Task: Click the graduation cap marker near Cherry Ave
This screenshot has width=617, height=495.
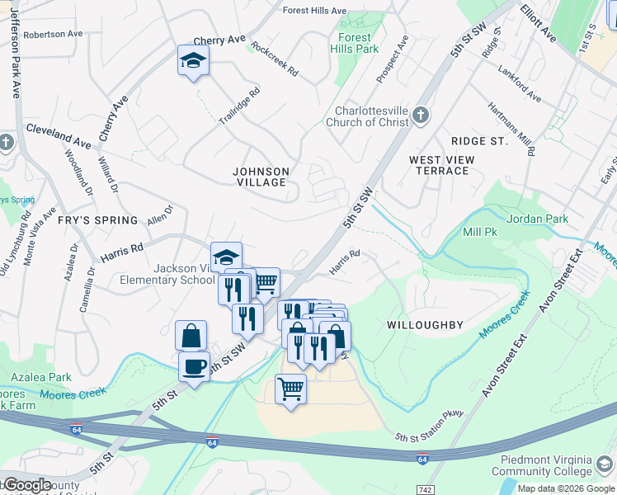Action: tap(193, 60)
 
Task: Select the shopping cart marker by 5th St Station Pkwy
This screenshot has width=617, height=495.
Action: tap(290, 389)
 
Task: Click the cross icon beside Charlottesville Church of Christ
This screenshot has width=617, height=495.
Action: tap(422, 115)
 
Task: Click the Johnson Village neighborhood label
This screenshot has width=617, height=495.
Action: tap(261, 177)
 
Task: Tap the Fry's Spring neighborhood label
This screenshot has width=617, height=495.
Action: tap(97, 220)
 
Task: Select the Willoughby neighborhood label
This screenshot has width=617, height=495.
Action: tap(425, 325)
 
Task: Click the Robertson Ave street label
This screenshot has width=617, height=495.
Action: tap(53, 35)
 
